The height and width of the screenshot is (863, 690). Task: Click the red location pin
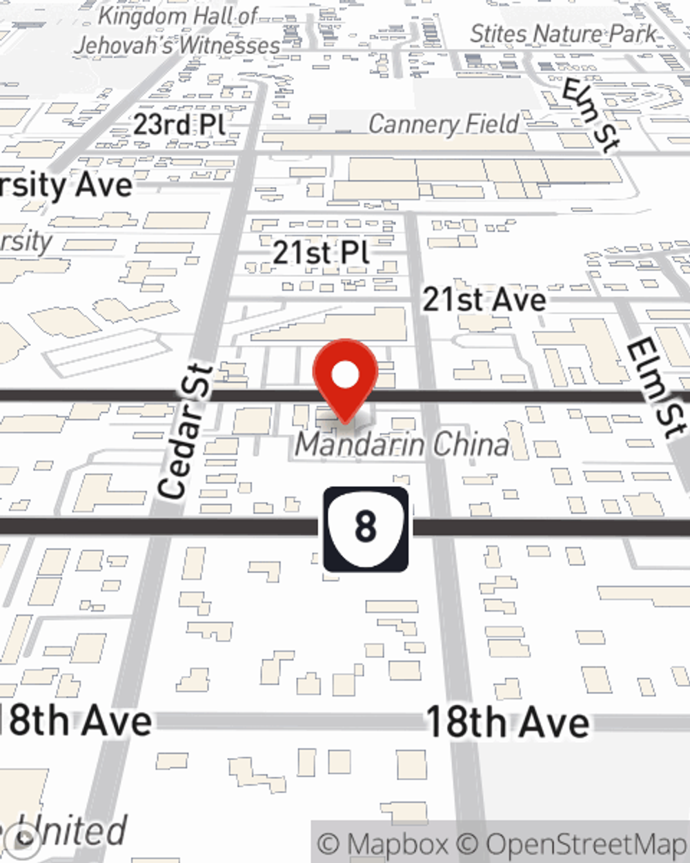(x=345, y=380)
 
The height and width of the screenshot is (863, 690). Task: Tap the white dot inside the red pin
(x=345, y=376)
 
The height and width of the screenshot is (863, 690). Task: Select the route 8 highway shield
(x=366, y=529)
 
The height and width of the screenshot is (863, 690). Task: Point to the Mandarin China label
(x=402, y=445)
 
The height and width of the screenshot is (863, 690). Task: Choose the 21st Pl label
(x=320, y=253)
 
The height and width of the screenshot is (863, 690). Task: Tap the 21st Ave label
(x=484, y=300)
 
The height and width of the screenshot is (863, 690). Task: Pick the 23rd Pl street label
(x=179, y=125)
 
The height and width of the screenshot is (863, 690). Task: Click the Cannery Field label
(x=444, y=124)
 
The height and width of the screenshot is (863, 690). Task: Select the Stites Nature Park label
(x=563, y=33)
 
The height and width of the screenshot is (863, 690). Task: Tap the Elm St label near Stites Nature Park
(x=590, y=114)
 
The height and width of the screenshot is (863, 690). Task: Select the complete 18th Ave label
(x=508, y=722)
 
